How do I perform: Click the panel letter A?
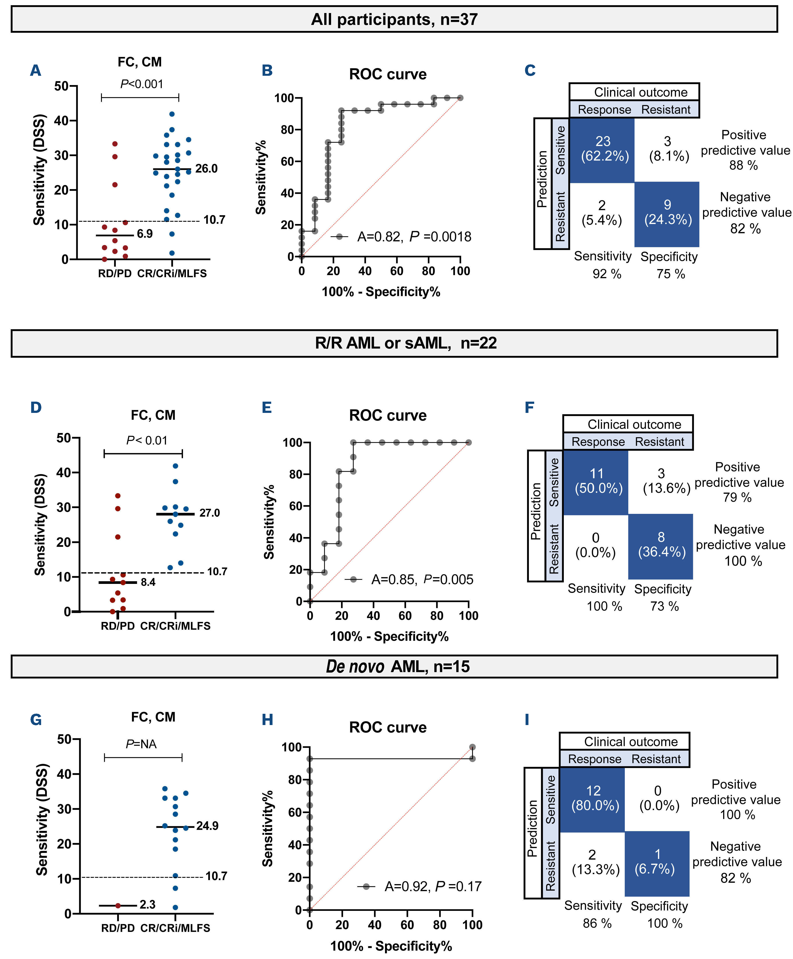pos(36,71)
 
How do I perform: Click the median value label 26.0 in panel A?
pos(206,169)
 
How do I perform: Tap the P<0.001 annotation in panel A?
pos(142,84)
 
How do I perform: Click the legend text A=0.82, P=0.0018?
pos(414,237)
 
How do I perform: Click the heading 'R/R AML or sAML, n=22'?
pos(406,343)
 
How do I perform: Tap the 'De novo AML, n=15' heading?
pos(397,667)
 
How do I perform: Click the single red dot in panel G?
pos(118,906)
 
